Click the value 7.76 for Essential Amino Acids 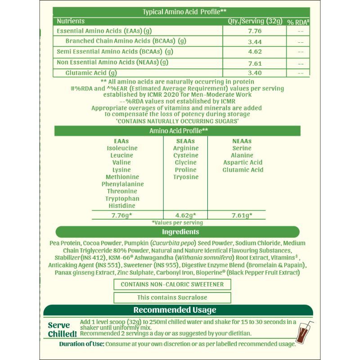tap(255, 31)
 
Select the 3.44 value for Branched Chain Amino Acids tap(255, 42)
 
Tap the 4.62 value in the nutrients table tap(255, 52)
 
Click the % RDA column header tap(299, 22)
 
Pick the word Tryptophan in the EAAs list tap(122, 198)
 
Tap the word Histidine tap(122, 206)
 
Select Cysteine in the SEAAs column tap(186, 155)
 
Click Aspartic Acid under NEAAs tap(243, 162)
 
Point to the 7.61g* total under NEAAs tap(242, 215)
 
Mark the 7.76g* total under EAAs tap(122, 215)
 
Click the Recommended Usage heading tap(175, 310)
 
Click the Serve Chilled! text tap(62, 329)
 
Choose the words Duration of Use tap(81, 344)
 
